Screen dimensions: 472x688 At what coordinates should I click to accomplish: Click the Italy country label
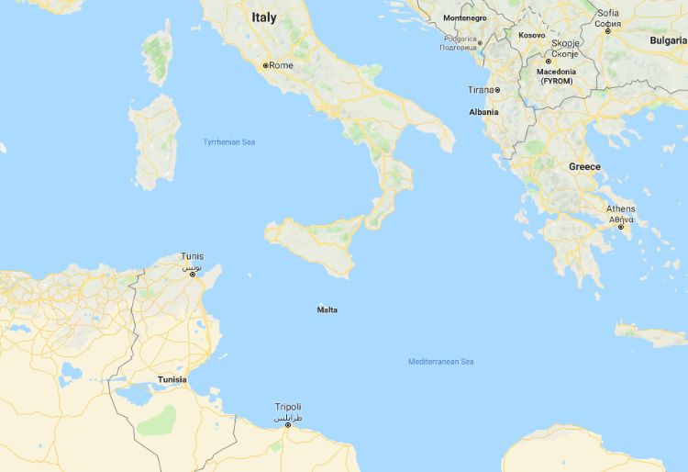(x=263, y=17)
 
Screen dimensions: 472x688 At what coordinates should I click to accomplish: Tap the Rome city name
(x=281, y=65)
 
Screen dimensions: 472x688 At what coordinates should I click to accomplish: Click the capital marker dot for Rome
(x=266, y=66)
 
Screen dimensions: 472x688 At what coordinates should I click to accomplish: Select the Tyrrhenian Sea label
(x=229, y=142)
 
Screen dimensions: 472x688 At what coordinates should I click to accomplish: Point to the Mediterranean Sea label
(x=441, y=362)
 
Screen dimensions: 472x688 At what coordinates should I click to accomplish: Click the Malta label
(x=327, y=309)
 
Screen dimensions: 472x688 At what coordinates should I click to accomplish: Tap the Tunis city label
(x=193, y=256)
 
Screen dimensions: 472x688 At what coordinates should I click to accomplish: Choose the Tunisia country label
(x=172, y=379)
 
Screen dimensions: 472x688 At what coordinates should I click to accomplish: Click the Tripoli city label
(x=288, y=407)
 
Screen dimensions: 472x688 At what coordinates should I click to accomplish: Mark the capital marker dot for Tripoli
(x=288, y=425)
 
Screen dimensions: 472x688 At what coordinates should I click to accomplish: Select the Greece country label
(x=584, y=166)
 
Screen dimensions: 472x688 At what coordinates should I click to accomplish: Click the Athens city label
(x=620, y=208)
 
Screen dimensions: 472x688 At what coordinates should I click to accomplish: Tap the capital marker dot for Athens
(x=620, y=227)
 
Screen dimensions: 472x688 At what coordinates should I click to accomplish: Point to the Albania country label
(x=483, y=112)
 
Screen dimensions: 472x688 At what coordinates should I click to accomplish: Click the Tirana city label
(x=480, y=90)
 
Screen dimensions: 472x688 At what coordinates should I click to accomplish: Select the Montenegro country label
(x=465, y=18)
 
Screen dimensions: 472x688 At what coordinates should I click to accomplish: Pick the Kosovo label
(x=531, y=35)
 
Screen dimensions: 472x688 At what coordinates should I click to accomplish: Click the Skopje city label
(x=566, y=42)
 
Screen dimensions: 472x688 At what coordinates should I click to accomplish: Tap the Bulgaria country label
(x=668, y=40)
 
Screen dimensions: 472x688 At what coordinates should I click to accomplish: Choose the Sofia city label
(x=607, y=13)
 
